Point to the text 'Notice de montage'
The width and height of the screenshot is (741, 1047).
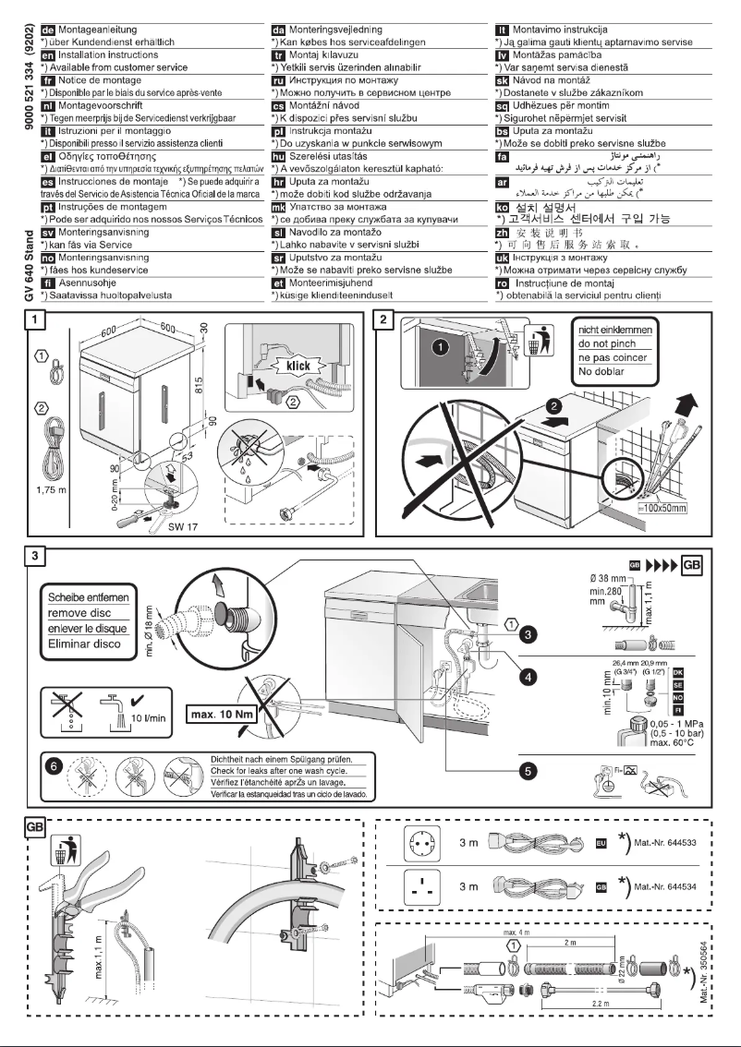pyautogui.click(x=91, y=80)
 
